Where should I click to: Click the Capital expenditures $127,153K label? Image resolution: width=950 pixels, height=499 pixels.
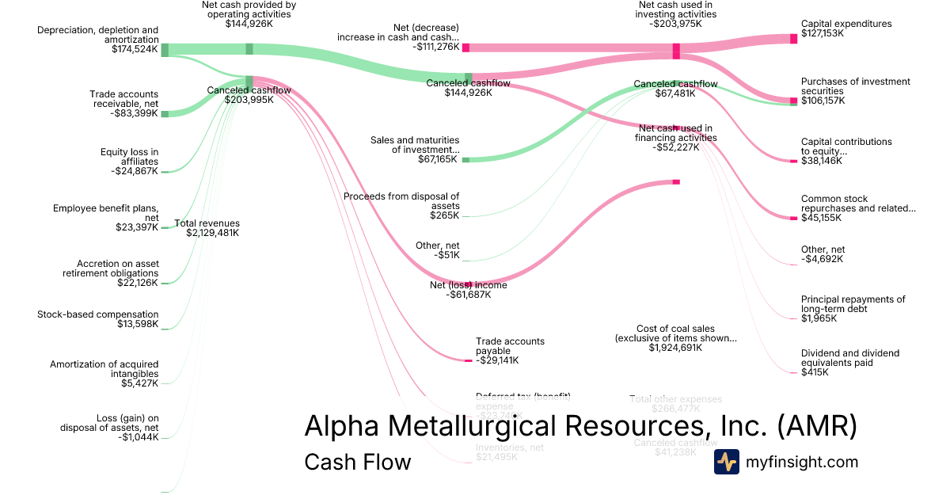point(845,29)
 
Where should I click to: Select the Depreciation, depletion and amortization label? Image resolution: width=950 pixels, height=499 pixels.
point(97,40)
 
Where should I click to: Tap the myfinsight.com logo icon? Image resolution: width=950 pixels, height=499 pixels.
point(726,462)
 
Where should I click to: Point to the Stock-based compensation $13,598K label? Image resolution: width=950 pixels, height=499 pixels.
point(97,319)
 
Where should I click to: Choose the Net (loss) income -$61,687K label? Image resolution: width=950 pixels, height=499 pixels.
point(468,290)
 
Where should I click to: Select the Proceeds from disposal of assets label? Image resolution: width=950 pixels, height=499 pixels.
point(401,205)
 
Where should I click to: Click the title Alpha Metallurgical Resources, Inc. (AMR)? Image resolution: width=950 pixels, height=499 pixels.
point(580,426)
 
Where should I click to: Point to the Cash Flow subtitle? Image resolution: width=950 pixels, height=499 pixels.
point(357,462)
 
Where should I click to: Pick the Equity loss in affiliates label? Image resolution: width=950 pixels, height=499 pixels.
point(128,161)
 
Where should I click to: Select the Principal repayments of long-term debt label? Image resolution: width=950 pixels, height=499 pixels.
point(853,309)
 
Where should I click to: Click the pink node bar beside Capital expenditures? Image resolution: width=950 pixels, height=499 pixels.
point(793,39)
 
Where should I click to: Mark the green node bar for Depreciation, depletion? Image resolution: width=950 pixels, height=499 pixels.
point(165,50)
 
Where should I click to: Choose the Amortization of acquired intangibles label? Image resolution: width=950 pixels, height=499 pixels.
point(104,374)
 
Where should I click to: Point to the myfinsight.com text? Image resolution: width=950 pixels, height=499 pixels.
point(802,462)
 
